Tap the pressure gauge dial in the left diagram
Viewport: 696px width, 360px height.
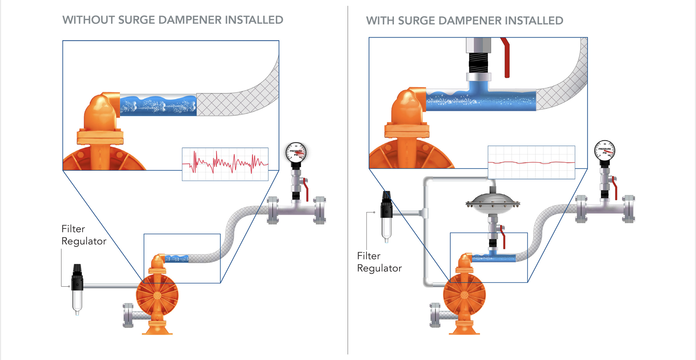[296, 152]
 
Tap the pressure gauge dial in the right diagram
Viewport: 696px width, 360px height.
[605, 150]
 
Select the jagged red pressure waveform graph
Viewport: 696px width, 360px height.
[225, 164]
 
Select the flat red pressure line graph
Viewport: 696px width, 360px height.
[531, 163]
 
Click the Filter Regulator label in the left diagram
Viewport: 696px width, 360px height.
[84, 235]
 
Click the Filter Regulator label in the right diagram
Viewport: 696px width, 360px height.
[379, 262]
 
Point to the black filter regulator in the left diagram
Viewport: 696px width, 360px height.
[77, 278]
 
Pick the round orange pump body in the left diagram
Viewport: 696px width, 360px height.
[157, 296]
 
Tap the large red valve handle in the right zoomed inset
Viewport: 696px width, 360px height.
[506, 59]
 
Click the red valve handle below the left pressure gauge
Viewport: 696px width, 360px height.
[306, 189]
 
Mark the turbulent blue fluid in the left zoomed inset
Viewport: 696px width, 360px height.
[158, 106]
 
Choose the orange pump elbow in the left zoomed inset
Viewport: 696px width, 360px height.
[101, 111]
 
